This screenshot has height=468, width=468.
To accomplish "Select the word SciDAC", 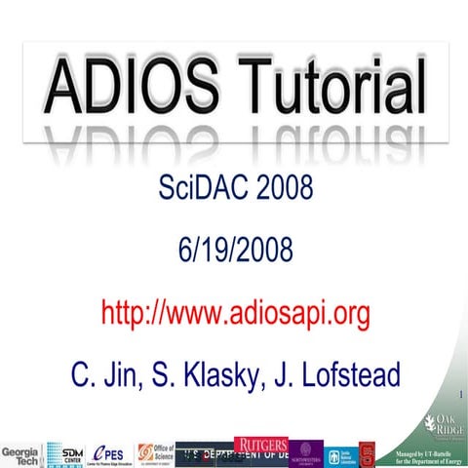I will point(201,186).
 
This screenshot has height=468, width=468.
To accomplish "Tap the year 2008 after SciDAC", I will point(284,186).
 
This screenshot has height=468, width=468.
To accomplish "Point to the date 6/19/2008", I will point(234,250).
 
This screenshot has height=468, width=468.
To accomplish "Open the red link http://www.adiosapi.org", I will point(235,313).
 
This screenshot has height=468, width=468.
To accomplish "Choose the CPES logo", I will point(112,453).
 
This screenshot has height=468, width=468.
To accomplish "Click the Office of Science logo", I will point(155,453).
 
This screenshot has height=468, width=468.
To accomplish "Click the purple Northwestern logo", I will point(306,453).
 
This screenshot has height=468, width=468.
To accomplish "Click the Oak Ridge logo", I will point(433,425).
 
